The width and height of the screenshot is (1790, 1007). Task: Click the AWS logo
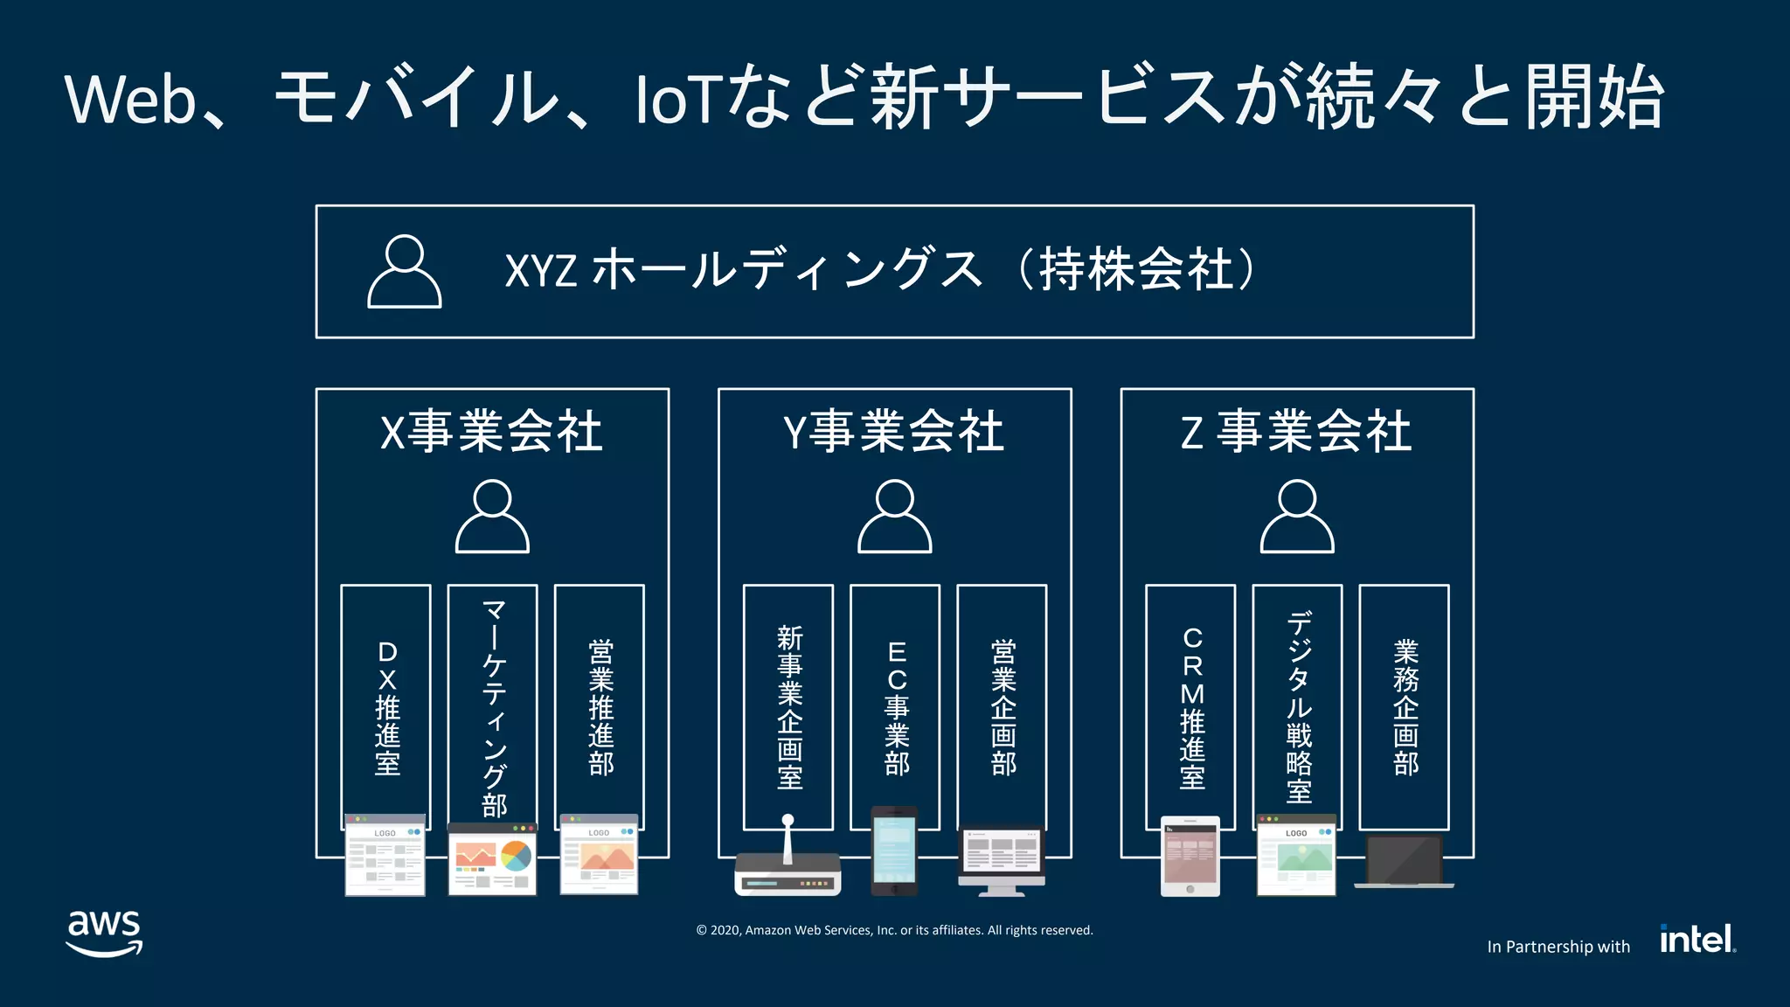tap(104, 933)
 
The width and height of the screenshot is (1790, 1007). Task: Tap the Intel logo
tap(1696, 939)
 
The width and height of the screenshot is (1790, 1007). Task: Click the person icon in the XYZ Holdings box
tap(404, 272)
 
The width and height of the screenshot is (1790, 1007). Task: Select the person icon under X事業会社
tap(492, 516)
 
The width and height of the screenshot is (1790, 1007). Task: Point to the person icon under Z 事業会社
tap(1297, 516)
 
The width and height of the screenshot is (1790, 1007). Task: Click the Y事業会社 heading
tap(894, 432)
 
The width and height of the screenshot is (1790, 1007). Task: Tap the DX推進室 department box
tap(386, 699)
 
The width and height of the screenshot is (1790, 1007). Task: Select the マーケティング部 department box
tap(493, 699)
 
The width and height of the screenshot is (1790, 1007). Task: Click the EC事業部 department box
tap(895, 699)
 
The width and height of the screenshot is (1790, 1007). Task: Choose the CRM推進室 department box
tap(1190, 699)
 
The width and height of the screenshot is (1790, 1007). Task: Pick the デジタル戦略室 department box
tap(1298, 699)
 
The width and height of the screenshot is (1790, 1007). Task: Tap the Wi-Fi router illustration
tap(787, 865)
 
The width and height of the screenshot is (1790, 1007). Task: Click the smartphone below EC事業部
tap(894, 851)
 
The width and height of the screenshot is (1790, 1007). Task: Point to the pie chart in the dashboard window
tap(516, 855)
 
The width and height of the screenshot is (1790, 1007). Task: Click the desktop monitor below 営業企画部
tap(1002, 859)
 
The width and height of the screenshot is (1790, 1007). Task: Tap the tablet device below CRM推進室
tap(1190, 857)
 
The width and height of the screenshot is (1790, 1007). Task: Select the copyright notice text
tap(894, 930)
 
